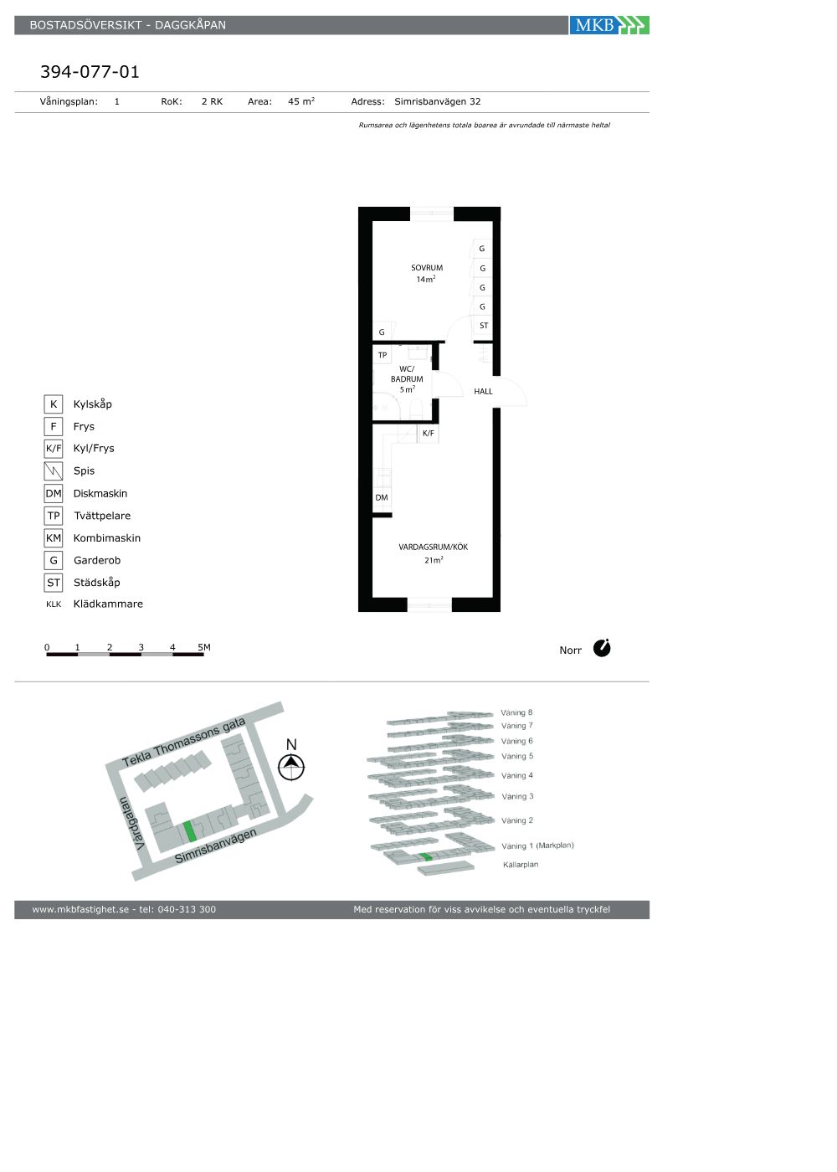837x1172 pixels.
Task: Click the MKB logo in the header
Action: (609, 25)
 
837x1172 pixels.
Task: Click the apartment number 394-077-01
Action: (90, 72)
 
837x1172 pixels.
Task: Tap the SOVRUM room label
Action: (427, 268)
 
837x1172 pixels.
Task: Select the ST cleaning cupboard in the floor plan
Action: (484, 326)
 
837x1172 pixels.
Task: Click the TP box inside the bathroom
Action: (383, 355)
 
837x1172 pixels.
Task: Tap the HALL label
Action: (484, 392)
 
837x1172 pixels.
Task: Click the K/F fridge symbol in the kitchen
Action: (429, 434)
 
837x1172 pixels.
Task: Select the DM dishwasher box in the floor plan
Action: (382, 497)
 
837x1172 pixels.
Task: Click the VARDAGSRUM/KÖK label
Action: (434, 547)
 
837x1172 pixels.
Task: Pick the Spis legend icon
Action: (54, 470)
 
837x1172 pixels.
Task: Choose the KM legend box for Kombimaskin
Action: (54, 537)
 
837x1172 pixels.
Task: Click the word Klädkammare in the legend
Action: (108, 604)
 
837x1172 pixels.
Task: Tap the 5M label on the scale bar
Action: (204, 647)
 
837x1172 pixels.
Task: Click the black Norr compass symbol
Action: (602, 648)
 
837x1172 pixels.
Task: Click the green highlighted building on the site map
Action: (190, 831)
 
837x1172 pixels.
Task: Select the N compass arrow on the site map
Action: (291, 767)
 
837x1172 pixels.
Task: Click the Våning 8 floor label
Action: (516, 712)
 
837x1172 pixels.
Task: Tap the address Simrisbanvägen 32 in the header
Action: (437, 101)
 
